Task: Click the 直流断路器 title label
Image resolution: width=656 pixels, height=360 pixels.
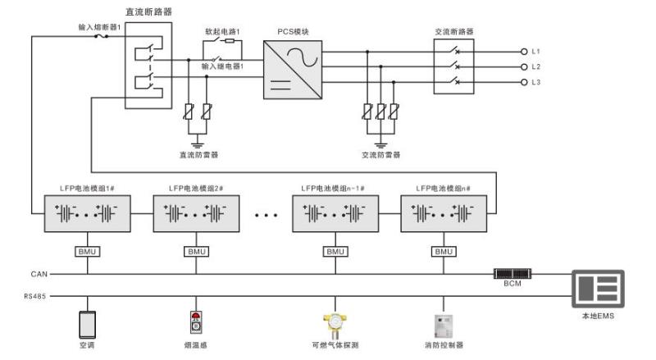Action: [x=148, y=12]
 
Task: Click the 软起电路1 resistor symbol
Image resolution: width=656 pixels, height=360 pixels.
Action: [x=230, y=40]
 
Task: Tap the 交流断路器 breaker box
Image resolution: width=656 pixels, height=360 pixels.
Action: [x=455, y=66]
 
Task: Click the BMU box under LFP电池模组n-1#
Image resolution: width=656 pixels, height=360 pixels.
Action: [x=335, y=252]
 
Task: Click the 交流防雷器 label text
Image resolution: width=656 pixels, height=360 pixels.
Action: [x=380, y=153]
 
